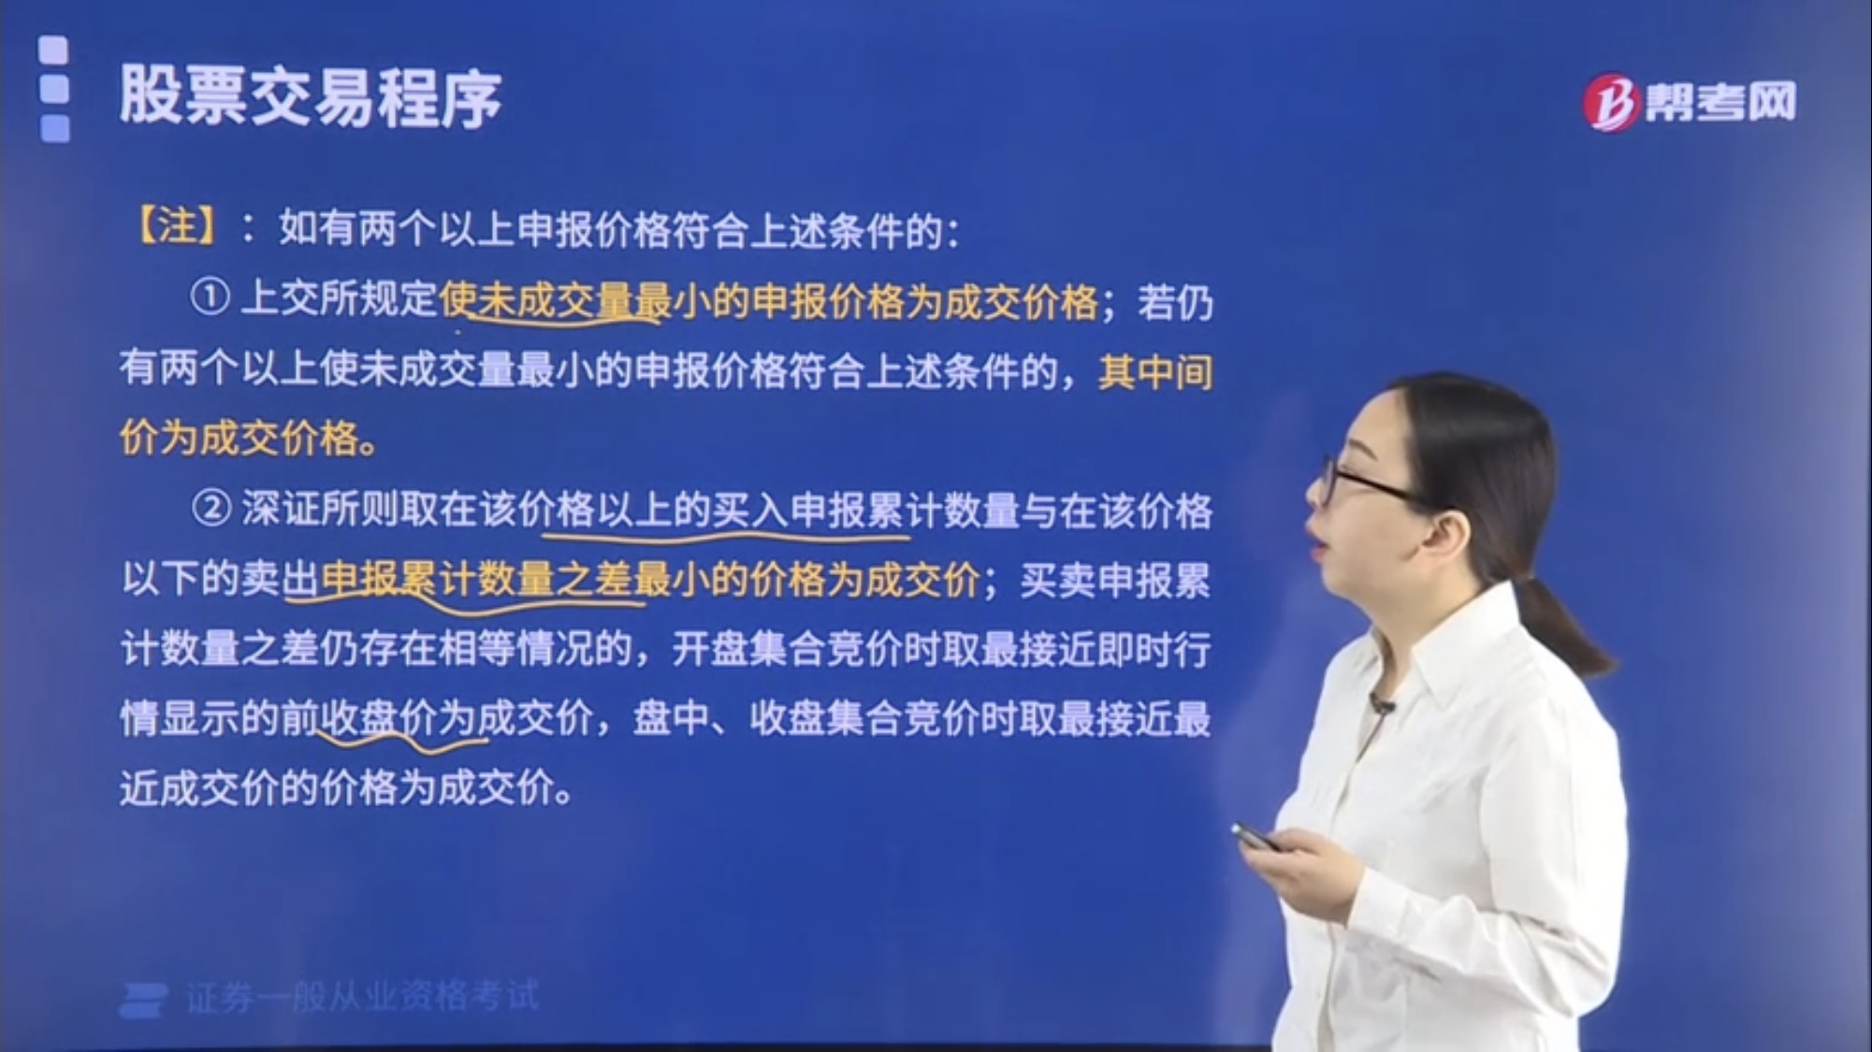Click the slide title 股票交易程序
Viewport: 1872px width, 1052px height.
(x=310, y=97)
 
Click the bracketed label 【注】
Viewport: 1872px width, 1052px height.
(x=178, y=227)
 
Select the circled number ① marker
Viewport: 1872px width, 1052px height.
(x=210, y=298)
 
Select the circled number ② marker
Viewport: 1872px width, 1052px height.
(x=210, y=510)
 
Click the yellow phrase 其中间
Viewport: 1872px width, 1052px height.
(x=1154, y=371)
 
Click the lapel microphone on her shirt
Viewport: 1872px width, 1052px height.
(x=1381, y=704)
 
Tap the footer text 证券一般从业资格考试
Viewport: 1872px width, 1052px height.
(x=362, y=997)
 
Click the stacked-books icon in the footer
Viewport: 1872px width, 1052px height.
(x=144, y=999)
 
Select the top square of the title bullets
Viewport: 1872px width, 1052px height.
(x=54, y=50)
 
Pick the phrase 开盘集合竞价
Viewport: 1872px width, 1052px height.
(x=769, y=649)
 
